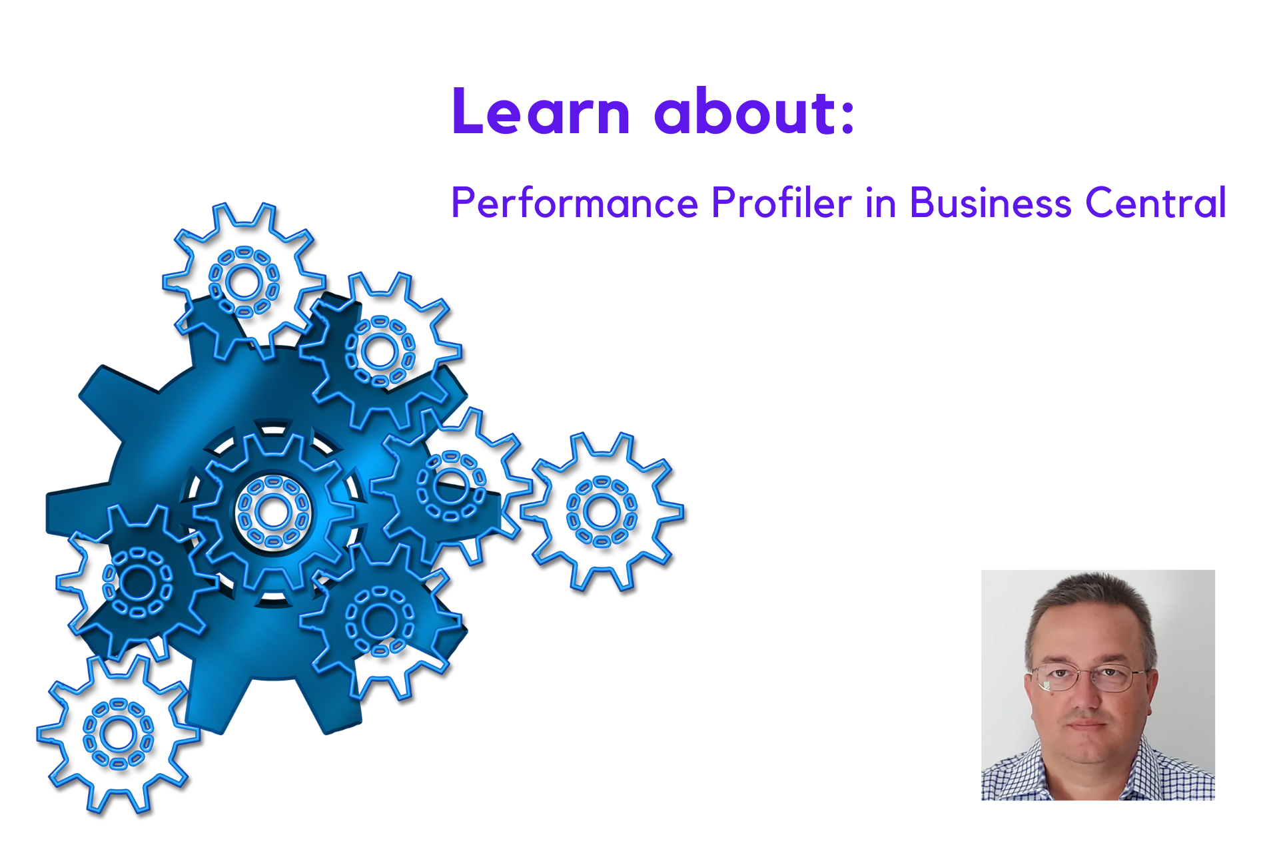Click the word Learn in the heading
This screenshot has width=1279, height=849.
coord(540,112)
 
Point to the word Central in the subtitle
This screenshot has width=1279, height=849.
coord(1155,202)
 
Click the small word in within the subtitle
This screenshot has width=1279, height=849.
coord(881,202)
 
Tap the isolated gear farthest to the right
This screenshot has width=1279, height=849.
coord(602,511)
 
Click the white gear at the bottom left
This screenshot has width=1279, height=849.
coord(118,734)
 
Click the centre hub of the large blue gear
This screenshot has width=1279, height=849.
coord(272,512)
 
